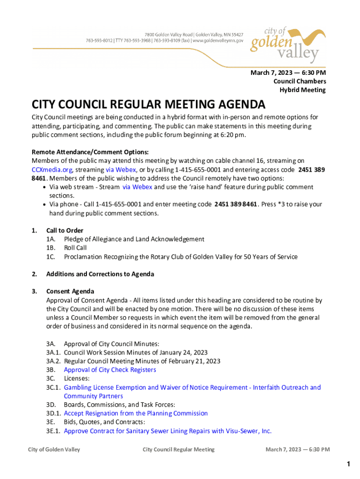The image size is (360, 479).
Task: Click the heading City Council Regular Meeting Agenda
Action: [148, 104]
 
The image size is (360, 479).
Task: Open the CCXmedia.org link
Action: [52, 169]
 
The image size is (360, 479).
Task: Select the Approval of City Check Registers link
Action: [110, 370]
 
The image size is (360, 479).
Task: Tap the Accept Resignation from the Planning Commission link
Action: [136, 413]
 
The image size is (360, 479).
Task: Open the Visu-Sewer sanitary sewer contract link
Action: [167, 431]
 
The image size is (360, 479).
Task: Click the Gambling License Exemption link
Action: [192, 387]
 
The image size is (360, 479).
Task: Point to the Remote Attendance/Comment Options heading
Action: [90, 152]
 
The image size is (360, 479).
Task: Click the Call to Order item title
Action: [65, 230]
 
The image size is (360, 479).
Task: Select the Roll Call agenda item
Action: [75, 248]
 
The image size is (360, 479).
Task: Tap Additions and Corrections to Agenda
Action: [100, 274]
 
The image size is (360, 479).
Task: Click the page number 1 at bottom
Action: [348, 464]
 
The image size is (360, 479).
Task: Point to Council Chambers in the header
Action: [299, 81]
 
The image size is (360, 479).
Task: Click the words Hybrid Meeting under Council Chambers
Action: [302, 90]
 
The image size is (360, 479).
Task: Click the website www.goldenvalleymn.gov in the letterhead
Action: [218, 41]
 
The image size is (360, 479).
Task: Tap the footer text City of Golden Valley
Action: [54, 450]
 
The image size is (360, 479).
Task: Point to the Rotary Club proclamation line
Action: [180, 257]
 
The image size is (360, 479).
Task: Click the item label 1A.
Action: [51, 239]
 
